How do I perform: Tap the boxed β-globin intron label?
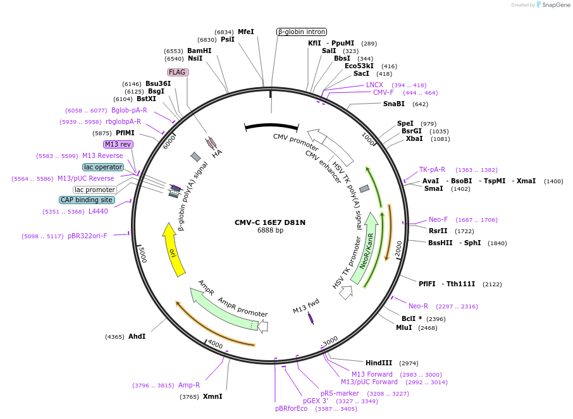pyautogui.click(x=302, y=32)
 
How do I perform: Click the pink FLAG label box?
pyautogui.click(x=177, y=72)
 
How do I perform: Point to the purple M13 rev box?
pyautogui.click(x=118, y=144)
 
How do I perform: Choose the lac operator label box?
pyautogui.click(x=102, y=167)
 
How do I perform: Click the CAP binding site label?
pyautogui.click(x=87, y=200)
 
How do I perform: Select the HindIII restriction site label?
pyautogui.click(x=379, y=363)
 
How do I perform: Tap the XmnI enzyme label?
pyautogui.click(x=213, y=397)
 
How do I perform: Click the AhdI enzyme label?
pyautogui.click(x=137, y=336)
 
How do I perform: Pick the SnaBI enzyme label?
pyautogui.click(x=393, y=104)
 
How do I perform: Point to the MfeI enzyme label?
pyautogui.click(x=246, y=32)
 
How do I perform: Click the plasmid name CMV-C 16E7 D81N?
pyautogui.click(x=270, y=222)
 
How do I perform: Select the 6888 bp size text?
pyautogui.click(x=270, y=231)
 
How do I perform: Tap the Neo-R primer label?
pyautogui.click(x=418, y=306)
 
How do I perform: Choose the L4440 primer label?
pyautogui.click(x=98, y=211)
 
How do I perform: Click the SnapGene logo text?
pyautogui.click(x=555, y=5)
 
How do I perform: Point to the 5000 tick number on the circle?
pyautogui.click(x=143, y=255)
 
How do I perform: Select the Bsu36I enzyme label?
pyautogui.click(x=158, y=83)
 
